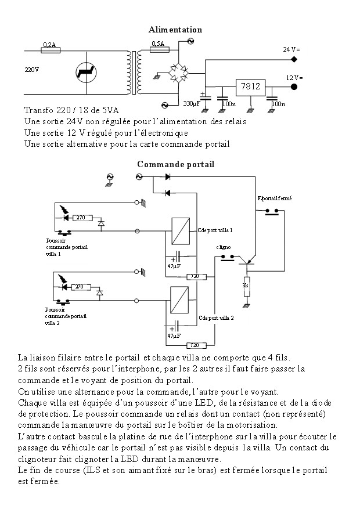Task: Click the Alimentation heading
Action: coord(175,30)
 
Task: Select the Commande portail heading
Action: coord(175,164)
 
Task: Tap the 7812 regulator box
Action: coord(250,87)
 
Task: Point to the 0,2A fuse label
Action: coord(49,44)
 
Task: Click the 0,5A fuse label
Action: coord(157,44)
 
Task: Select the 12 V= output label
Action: coord(294,77)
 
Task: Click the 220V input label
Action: coord(32,70)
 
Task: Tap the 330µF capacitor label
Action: coord(192,104)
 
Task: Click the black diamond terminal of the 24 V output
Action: coord(294,59)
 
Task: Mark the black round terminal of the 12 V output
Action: coord(294,87)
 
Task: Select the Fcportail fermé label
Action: coord(274,198)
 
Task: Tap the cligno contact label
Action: coord(224,247)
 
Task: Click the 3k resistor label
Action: coord(246,286)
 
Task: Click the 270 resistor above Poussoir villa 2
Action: coord(79,287)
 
